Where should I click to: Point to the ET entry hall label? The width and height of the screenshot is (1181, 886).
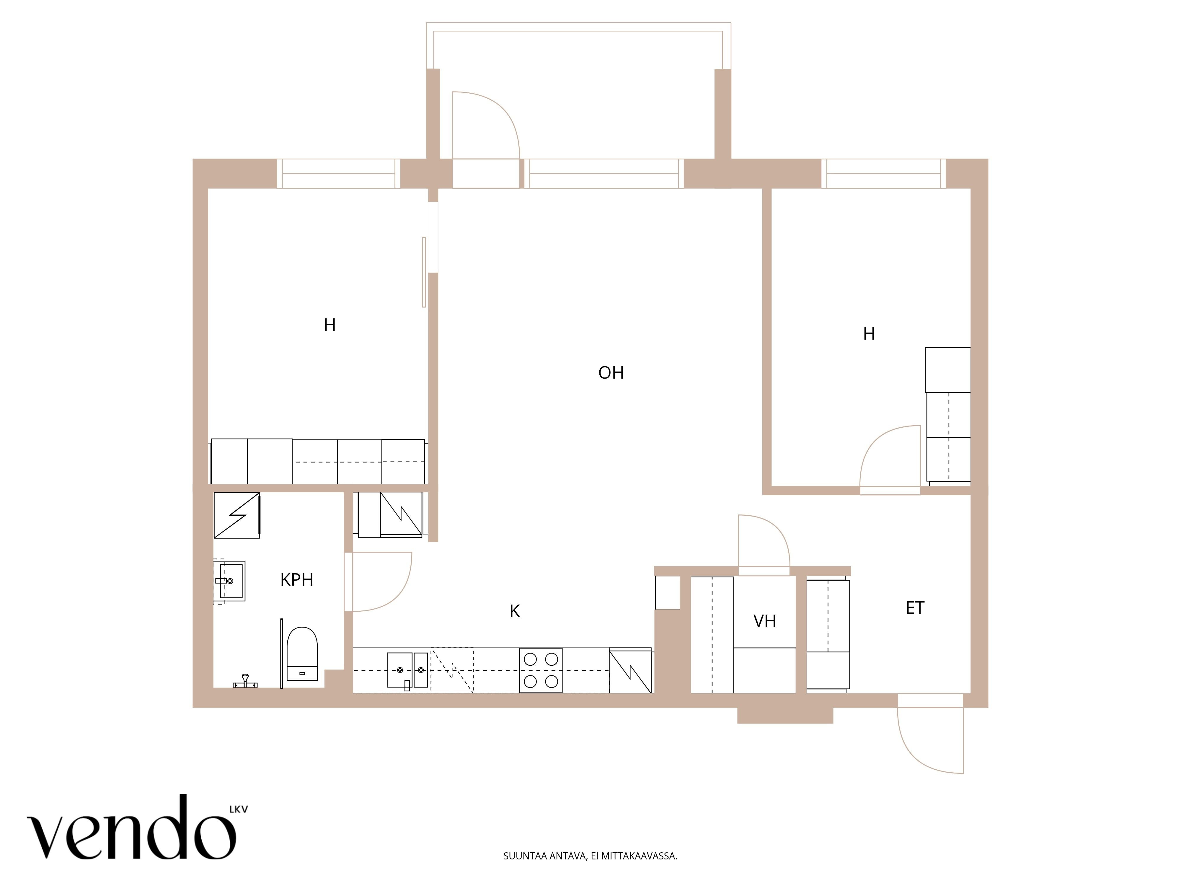click(915, 608)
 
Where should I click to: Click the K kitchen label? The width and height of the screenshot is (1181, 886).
click(515, 611)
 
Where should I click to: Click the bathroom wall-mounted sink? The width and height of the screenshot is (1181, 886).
click(230, 581)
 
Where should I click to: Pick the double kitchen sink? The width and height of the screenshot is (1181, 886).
click(407, 670)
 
